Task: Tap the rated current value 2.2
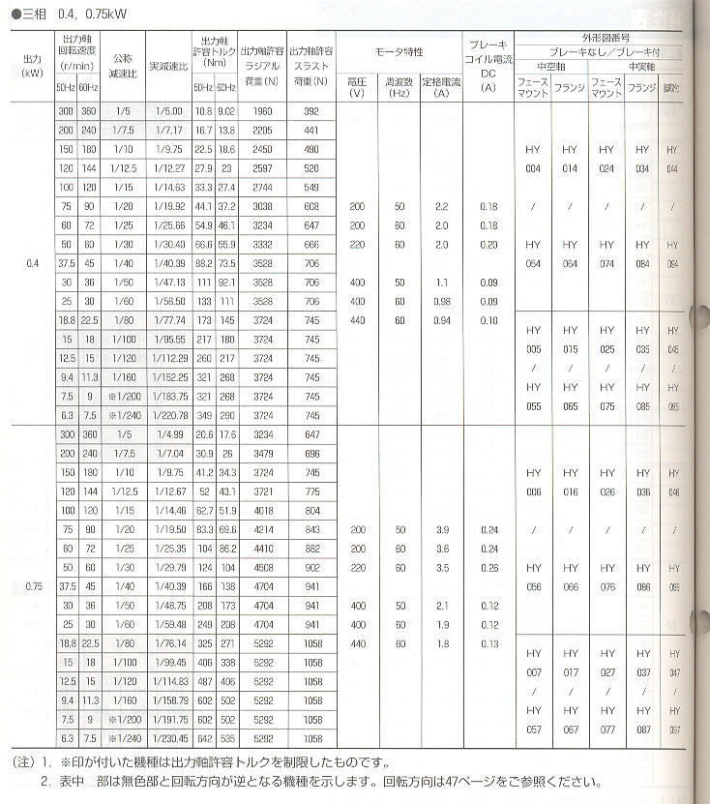(442, 207)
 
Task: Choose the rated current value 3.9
(442, 530)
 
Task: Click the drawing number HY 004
(533, 159)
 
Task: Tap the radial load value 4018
(263, 511)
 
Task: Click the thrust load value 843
(311, 530)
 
